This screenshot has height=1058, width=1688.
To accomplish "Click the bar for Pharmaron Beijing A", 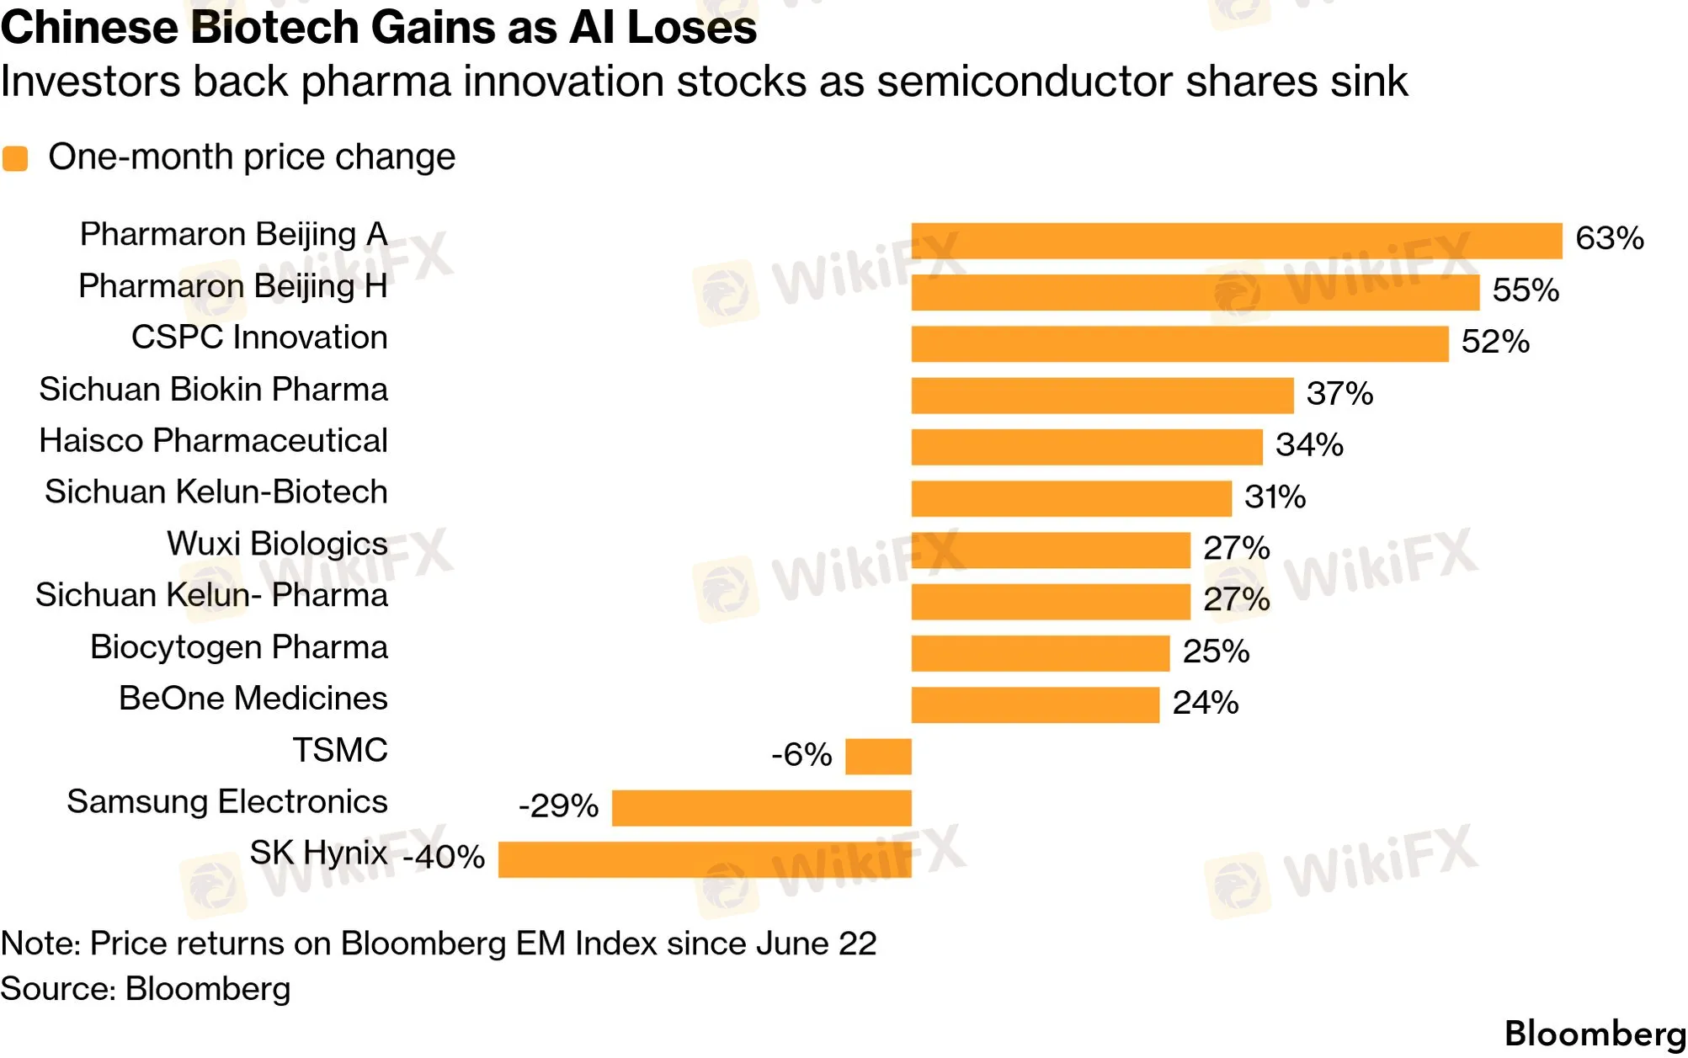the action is point(1237,241).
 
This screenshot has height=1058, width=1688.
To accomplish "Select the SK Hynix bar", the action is point(705,859).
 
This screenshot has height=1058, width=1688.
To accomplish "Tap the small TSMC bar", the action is point(878,756).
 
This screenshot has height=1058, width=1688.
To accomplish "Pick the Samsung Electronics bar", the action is point(762,808).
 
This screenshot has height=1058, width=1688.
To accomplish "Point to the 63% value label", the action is point(1610,238).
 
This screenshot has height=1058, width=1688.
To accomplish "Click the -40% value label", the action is point(444,857).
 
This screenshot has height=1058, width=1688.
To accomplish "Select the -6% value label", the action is point(801,754).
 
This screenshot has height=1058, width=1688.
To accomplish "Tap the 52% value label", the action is point(1495,342).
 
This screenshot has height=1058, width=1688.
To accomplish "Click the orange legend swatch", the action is point(15,158).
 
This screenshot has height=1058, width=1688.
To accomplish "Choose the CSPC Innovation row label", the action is point(259,338).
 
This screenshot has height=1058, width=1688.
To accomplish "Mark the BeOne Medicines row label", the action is point(253,699).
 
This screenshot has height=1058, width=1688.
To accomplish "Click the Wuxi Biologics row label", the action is point(277,545).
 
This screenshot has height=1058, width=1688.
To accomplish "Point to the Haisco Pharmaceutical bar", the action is point(1087,447).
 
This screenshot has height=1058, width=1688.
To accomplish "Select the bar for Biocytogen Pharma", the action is point(1041,653).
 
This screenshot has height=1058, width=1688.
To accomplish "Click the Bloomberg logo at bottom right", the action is point(1595,1034).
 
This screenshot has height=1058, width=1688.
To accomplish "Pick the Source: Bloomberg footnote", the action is point(146,989).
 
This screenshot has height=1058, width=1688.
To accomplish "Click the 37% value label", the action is point(1339,393).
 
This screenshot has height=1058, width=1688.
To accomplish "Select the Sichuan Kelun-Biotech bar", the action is point(1072,498).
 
